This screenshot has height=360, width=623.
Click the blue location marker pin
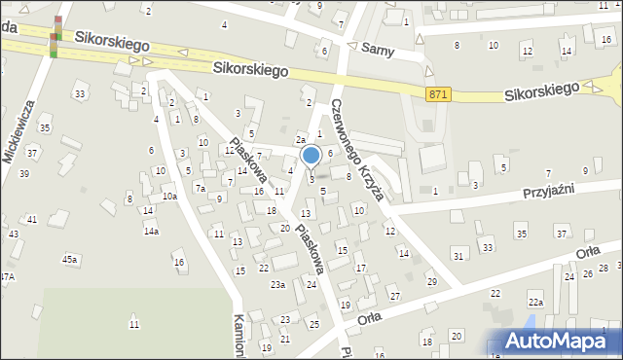311,156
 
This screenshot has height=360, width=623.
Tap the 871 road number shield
438,92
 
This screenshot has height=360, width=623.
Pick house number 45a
70,259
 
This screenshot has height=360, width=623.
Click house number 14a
151,231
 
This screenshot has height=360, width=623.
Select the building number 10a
168,197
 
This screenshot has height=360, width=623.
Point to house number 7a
200,189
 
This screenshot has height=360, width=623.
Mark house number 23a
278,284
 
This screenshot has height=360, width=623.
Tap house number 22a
534,303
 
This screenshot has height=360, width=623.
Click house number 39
24,173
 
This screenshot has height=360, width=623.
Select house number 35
521,234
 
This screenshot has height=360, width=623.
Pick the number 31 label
458,256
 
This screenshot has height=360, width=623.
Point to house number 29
431,281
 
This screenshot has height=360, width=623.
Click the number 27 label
394,296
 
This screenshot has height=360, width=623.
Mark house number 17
360,268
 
